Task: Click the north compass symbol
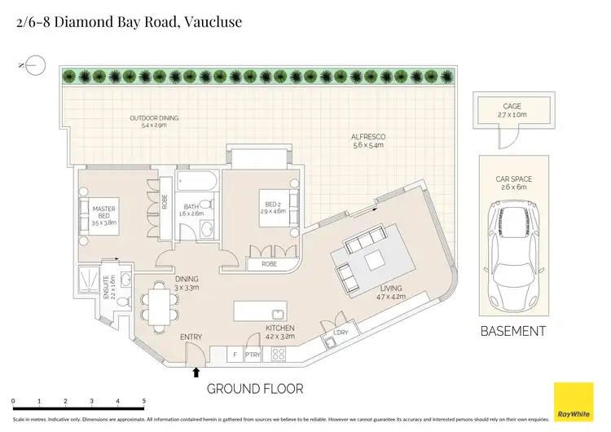tap(35, 65)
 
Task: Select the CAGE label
tap(512, 106)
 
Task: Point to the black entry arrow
tap(196, 372)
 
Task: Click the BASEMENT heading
tap(512, 331)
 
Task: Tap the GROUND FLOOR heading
tap(256, 388)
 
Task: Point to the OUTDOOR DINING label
tap(154, 118)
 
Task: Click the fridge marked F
tap(235, 355)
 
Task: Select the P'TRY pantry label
tap(253, 355)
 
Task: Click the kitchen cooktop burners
tap(278, 355)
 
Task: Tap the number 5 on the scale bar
tap(144, 402)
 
